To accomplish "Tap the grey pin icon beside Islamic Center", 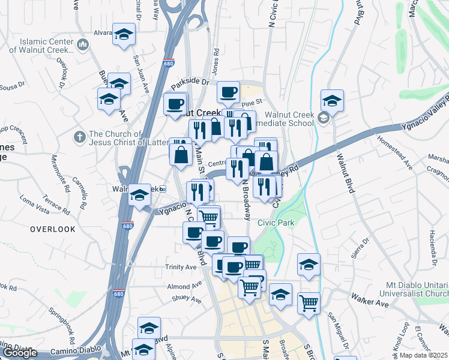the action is coord(83,45).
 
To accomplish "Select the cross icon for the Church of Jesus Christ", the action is coord(79,137).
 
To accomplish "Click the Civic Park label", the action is coord(274,222).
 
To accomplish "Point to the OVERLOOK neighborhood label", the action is coord(53,229).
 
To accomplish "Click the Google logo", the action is coord(20,353).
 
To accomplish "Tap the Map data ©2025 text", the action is coord(423,355).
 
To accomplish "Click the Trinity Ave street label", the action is coord(181,267).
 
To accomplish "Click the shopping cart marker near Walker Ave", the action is coord(309,301).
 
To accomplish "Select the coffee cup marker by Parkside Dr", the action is coord(228,92).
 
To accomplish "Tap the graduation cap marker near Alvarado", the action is coord(124,34).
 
